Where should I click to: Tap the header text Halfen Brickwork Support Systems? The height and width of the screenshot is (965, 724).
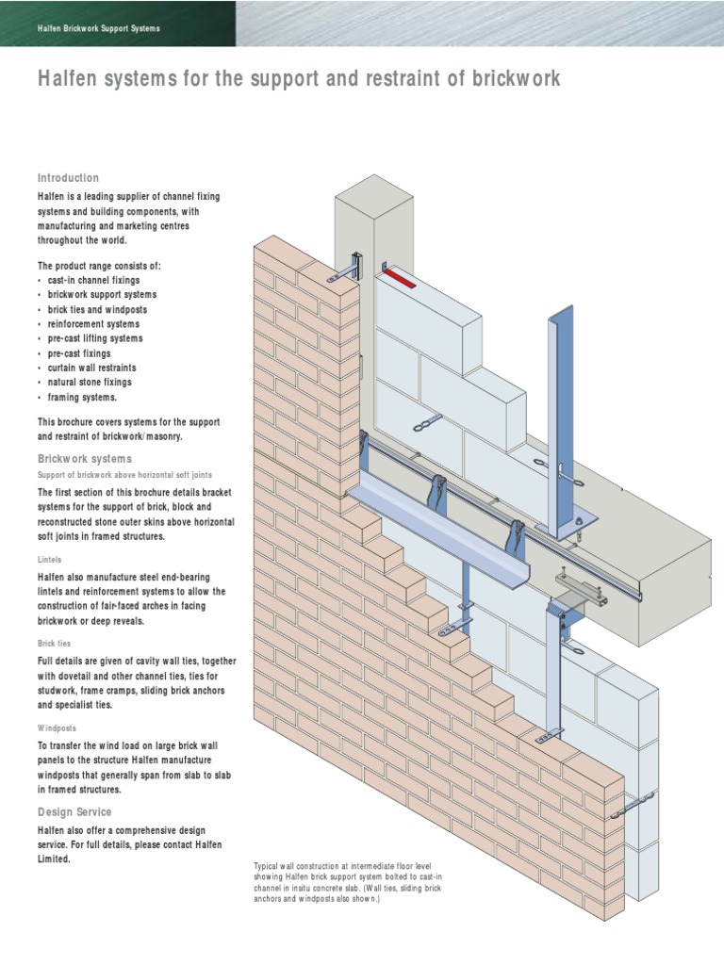click(x=99, y=28)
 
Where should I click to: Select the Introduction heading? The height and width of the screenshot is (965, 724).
click(x=68, y=178)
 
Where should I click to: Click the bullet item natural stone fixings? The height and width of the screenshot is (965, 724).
click(x=90, y=383)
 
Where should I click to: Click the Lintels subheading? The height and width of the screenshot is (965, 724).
click(x=50, y=559)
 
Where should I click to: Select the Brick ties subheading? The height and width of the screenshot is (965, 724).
click(x=54, y=643)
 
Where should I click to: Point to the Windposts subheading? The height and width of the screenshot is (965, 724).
click(x=57, y=728)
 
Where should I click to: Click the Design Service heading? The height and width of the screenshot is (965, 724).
click(x=74, y=811)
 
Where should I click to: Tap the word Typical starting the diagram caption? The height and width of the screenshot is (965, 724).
click(x=271, y=865)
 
